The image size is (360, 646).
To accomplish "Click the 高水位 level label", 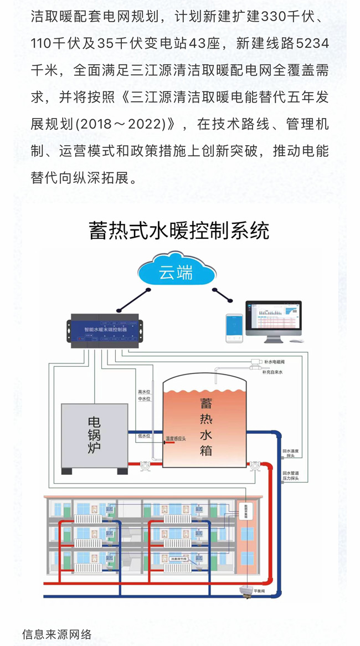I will (x=145, y=392).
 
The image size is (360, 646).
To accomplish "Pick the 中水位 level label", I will (x=145, y=399).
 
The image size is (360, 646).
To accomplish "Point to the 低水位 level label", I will (x=145, y=436).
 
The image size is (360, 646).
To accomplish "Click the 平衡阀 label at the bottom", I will (x=260, y=592).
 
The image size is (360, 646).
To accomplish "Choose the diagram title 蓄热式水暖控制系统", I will (x=179, y=230).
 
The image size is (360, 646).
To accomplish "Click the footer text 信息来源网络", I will (x=57, y=634).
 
